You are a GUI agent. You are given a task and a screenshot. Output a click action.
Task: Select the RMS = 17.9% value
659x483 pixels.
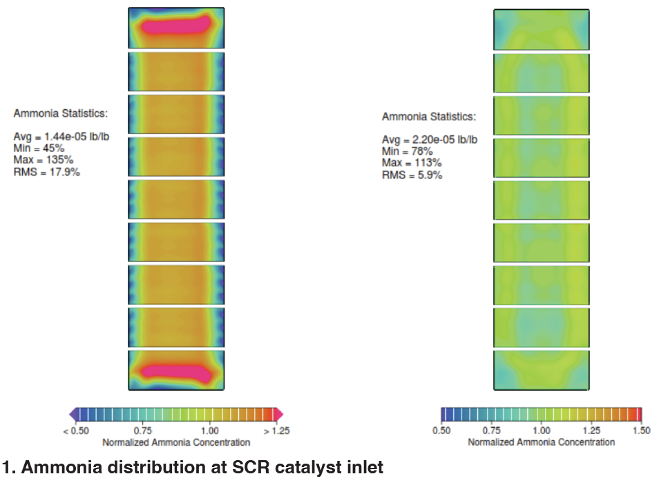[46, 171]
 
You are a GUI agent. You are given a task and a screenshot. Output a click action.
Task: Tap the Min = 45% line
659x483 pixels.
[39, 148]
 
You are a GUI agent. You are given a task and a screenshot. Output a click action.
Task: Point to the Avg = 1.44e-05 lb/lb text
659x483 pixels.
[61, 136]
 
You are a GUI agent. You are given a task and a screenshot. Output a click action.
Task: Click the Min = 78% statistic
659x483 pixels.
[407, 151]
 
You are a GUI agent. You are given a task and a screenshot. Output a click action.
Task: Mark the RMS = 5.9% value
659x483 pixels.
[412, 175]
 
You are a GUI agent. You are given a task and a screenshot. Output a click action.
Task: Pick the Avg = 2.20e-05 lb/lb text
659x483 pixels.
[429, 140]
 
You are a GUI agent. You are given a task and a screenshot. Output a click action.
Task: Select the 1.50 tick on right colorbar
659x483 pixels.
[640, 430]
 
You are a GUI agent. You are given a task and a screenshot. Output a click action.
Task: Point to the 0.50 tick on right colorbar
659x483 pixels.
[441, 430]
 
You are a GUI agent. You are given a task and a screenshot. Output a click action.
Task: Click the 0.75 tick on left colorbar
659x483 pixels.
[142, 430]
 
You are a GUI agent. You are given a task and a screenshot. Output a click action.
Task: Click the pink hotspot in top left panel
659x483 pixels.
[175, 26]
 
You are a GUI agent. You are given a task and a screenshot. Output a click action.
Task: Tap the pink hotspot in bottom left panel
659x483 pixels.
[175, 370]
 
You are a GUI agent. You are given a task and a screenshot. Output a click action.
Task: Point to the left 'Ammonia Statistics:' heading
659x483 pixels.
[60, 113]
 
